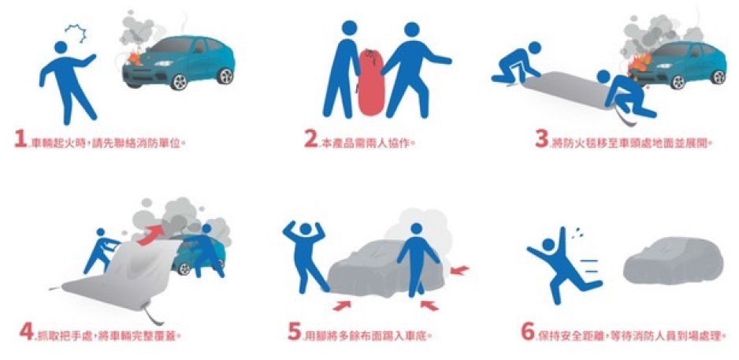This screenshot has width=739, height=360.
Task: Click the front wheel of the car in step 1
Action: (x=180, y=81)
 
